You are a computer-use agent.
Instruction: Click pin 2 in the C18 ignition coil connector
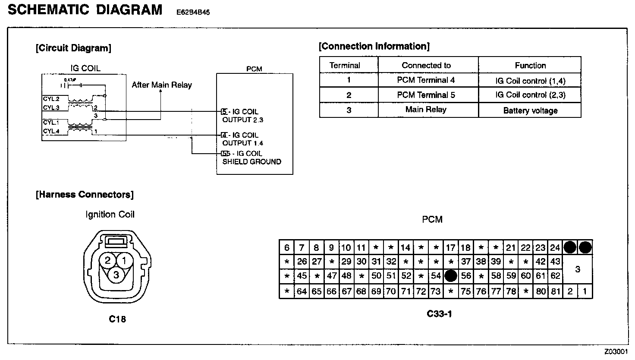(x=108, y=260)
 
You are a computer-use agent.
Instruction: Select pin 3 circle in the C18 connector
(x=116, y=275)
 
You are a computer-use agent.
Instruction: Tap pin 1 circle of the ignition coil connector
(x=124, y=260)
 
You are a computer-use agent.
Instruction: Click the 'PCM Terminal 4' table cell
(x=426, y=80)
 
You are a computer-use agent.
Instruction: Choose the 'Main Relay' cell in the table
(x=426, y=110)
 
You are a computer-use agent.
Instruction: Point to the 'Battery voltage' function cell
(x=530, y=111)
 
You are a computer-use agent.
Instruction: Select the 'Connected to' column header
(x=426, y=66)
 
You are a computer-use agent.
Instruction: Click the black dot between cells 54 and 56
(x=451, y=276)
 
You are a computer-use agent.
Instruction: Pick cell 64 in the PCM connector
(x=302, y=291)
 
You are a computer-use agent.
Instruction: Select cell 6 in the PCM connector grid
(x=286, y=248)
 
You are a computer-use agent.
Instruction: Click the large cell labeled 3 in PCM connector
(x=578, y=269)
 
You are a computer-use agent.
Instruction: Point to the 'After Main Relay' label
(x=162, y=85)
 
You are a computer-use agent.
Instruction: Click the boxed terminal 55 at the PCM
(x=225, y=154)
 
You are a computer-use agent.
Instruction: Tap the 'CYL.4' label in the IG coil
(x=51, y=131)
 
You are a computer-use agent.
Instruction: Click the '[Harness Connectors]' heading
(x=85, y=195)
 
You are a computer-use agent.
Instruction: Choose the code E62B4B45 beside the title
(x=193, y=13)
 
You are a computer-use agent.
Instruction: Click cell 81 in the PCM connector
(x=555, y=291)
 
